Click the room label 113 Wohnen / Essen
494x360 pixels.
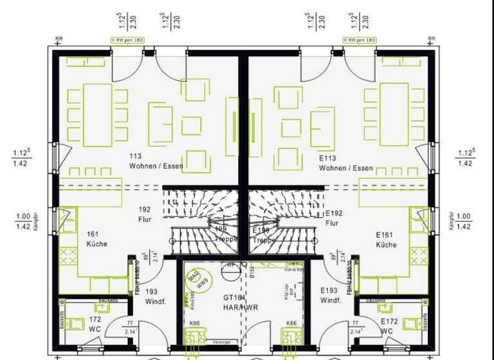tap(156, 161)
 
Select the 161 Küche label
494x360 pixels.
tap(96, 239)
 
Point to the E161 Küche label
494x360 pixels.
tap(387, 240)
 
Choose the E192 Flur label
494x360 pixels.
tap(333, 218)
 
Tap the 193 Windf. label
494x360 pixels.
tap(152, 296)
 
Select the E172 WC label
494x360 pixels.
tap(389, 325)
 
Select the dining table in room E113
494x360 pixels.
tap(394, 114)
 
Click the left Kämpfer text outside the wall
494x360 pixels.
tap(37, 221)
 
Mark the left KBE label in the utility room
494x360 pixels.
tap(193, 322)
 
